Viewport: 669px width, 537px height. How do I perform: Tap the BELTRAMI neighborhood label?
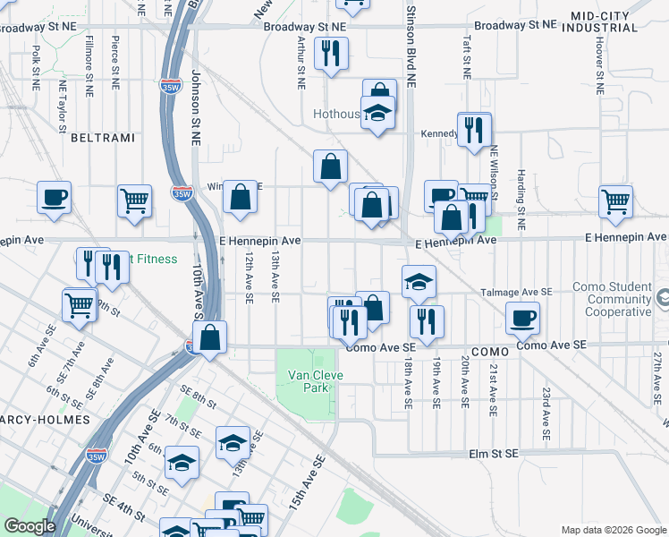click(102, 138)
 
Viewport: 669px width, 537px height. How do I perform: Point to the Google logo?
click(30, 526)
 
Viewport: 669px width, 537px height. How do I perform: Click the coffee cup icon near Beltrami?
click(54, 196)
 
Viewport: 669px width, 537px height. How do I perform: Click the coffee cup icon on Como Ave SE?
click(522, 317)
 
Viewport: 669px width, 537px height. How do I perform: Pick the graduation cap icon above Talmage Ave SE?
click(419, 281)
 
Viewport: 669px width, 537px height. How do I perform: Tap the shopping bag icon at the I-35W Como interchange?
click(209, 338)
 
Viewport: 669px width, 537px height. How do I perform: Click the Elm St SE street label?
click(495, 455)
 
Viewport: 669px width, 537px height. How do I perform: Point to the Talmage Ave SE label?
click(518, 292)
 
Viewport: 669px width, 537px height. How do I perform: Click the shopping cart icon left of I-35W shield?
click(133, 200)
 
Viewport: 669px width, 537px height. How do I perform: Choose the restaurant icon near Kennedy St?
click(473, 129)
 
